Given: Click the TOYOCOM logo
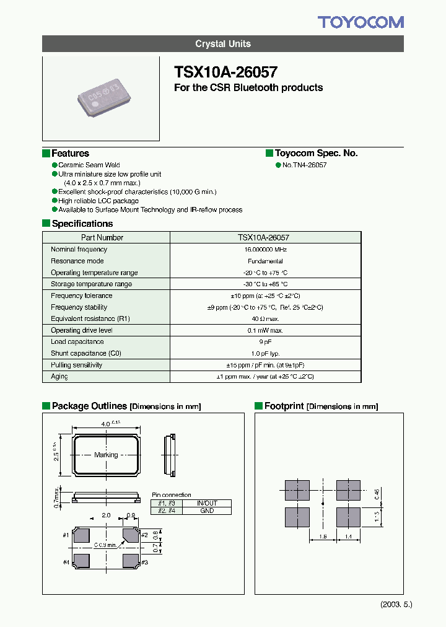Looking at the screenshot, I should click(x=361, y=23).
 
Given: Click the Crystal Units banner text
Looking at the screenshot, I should click(x=223, y=44).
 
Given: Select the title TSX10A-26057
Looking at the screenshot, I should click(x=225, y=72).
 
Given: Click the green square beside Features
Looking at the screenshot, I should click(x=46, y=153).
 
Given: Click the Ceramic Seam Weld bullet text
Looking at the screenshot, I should click(x=89, y=165).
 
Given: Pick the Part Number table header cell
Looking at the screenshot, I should click(x=102, y=237).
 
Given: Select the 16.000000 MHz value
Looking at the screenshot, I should click(x=265, y=249).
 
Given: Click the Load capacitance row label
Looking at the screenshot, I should click(x=77, y=342).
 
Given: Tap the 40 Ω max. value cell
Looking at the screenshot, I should click(x=265, y=318).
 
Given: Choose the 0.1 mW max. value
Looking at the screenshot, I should click(x=265, y=330).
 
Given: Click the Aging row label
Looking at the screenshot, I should click(x=59, y=377).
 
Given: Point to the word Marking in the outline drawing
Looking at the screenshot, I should click(x=106, y=455).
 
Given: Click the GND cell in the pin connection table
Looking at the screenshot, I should click(x=207, y=511).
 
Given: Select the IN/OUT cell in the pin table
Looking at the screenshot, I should click(x=207, y=503).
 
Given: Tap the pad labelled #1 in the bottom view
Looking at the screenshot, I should click(x=82, y=536).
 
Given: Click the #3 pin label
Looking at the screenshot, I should click(x=144, y=563).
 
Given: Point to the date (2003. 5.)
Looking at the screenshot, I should click(x=395, y=604).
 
